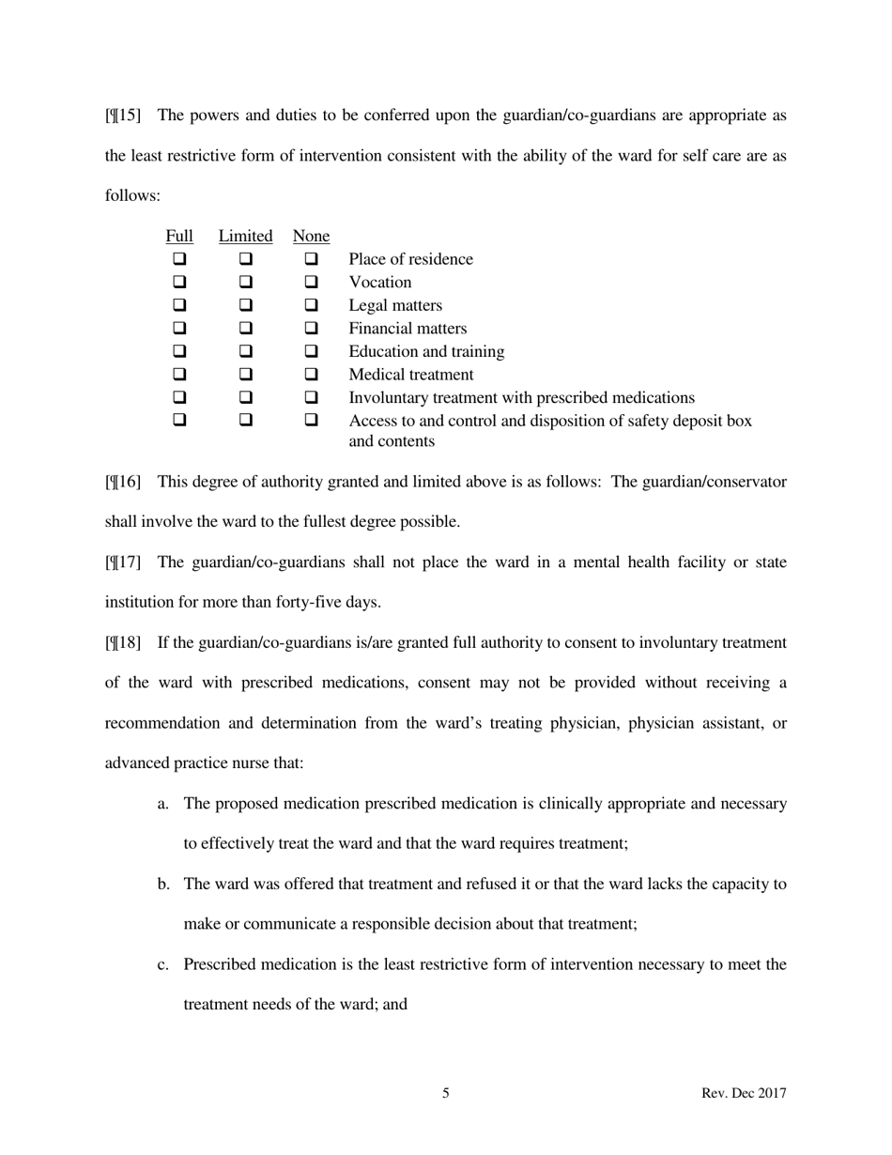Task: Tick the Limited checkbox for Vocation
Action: click(245, 283)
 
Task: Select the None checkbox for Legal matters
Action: click(312, 306)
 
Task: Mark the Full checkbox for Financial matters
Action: click(179, 329)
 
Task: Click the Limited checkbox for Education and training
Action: click(245, 352)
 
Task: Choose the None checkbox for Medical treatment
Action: click(312, 375)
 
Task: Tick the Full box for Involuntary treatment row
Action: click(179, 398)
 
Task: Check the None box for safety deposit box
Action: click(312, 421)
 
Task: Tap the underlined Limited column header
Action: click(245, 236)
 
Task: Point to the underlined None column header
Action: click(311, 236)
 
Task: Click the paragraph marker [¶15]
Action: click(123, 115)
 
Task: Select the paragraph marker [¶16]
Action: click(123, 482)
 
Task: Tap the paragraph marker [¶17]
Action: click(123, 562)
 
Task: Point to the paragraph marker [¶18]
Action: click(123, 642)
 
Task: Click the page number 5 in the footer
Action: click(446, 1093)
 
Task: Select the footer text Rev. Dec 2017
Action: click(744, 1093)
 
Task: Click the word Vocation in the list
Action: click(380, 283)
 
